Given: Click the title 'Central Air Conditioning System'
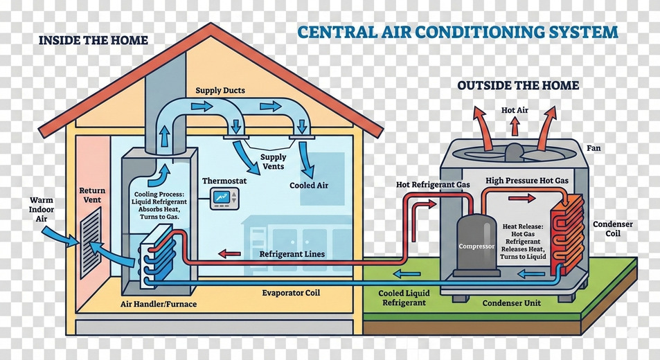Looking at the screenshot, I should coord(458,32).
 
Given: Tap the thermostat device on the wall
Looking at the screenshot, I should coord(225,199).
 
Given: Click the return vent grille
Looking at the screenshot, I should coord(90,242).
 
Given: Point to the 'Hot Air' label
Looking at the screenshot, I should coord(514,110).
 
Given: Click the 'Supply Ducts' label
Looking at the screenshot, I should coord(220,91).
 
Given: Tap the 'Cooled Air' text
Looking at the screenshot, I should coord(308,186).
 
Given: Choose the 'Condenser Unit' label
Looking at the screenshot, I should coord(510,303).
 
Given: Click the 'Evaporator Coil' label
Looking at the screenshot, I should coord(291,293).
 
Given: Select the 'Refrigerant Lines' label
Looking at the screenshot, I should coord(292,254).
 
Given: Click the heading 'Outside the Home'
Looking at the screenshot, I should coord(518,85).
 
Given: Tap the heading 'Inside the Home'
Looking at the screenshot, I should coord(93,40).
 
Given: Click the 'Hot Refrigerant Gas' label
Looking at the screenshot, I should coord(433,185).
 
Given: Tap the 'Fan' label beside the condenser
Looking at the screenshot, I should coord(594,148).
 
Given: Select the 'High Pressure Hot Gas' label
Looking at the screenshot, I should coord(526,181).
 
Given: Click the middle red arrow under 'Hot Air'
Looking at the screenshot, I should coord(515,127).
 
